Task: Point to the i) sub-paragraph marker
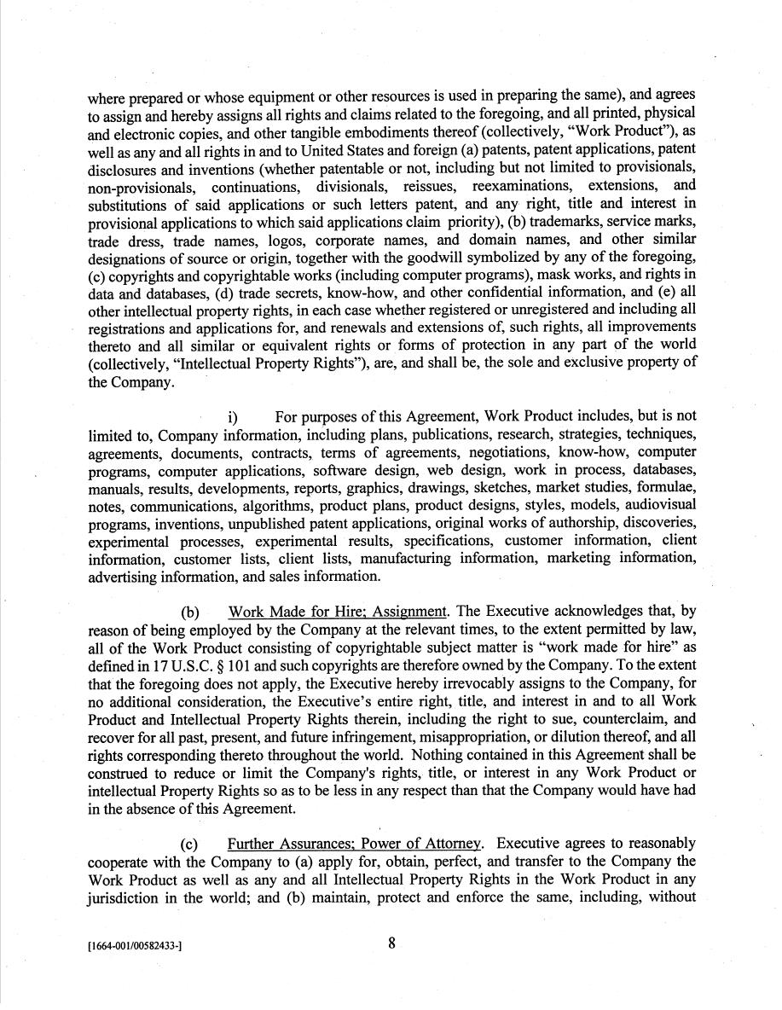tap(232, 417)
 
